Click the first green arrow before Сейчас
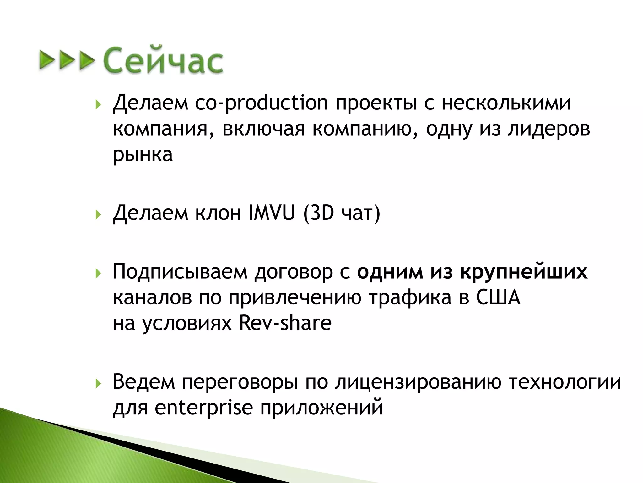[46, 60]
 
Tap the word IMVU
[272, 213]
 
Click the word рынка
[143, 155]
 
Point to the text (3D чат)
[342, 213]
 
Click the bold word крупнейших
[524, 272]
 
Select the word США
[498, 297]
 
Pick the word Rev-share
[285, 323]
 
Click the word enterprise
[203, 408]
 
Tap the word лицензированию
[418, 382]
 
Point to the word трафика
[410, 297]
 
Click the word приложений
[321, 408]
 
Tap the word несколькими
[506, 103]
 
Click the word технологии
[565, 382]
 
